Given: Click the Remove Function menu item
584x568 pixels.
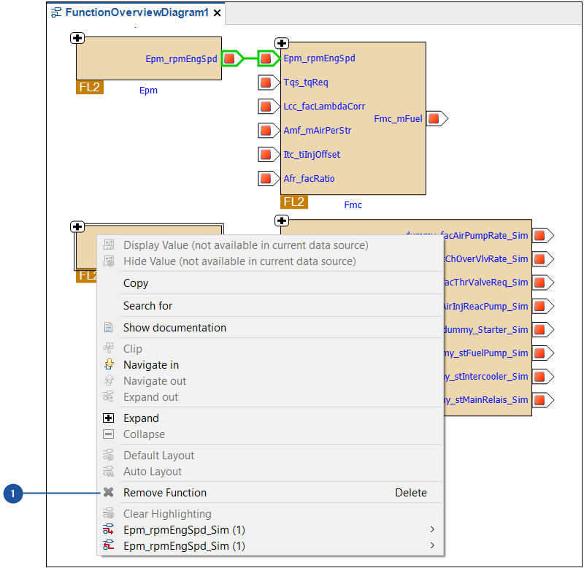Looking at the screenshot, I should pos(164,493).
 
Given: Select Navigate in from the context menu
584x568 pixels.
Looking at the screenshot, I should pos(150,365).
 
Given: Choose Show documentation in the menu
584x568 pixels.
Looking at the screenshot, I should pos(174,328).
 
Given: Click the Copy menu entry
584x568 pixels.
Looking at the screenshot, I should pos(136,283).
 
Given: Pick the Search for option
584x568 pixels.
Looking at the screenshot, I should pos(147,306).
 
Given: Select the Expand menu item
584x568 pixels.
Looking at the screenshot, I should pos(141,418).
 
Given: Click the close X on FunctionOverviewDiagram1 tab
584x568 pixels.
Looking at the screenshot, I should pos(217,13).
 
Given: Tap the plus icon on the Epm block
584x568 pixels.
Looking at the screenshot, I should pos(78,38).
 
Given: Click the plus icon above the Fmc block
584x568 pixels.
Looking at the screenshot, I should pos(282,44).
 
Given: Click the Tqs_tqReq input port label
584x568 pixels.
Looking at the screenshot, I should pos(306,82).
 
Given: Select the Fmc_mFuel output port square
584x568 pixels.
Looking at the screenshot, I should pos(434,118).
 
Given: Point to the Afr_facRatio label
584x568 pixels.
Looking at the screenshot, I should pos(309,178).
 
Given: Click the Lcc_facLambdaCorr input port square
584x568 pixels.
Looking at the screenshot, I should pos(266,107).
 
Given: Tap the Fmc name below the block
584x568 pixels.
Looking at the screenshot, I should pos(353,205).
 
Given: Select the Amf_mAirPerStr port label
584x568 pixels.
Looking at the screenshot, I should pos(317,131).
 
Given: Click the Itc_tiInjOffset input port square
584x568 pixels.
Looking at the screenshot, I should pos(266,154).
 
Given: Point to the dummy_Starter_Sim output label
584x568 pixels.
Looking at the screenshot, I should pos(485,329).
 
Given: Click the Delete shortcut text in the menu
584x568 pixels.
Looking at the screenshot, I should pos(411,493).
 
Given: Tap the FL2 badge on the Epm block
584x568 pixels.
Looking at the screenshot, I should pos(89,88).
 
